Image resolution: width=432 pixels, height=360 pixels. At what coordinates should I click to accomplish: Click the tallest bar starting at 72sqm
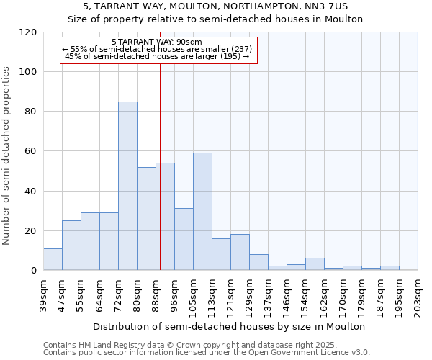click(127, 186)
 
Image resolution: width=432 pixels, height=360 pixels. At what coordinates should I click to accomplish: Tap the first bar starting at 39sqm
click(53, 259)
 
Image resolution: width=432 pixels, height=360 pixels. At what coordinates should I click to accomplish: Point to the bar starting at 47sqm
click(71, 246)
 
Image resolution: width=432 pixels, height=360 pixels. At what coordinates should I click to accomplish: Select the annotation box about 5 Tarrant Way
click(158, 49)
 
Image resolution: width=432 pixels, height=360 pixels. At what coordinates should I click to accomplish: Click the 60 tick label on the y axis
click(31, 151)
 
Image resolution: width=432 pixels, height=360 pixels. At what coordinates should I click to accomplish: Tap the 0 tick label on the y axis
click(34, 271)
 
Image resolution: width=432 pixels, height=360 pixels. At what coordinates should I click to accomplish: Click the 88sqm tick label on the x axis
click(156, 291)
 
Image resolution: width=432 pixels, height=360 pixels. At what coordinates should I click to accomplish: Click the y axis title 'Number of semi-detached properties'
click(7, 156)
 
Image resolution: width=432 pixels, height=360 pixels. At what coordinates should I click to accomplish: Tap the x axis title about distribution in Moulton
click(230, 326)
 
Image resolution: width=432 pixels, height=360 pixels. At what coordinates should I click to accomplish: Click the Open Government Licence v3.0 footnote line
click(206, 353)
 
